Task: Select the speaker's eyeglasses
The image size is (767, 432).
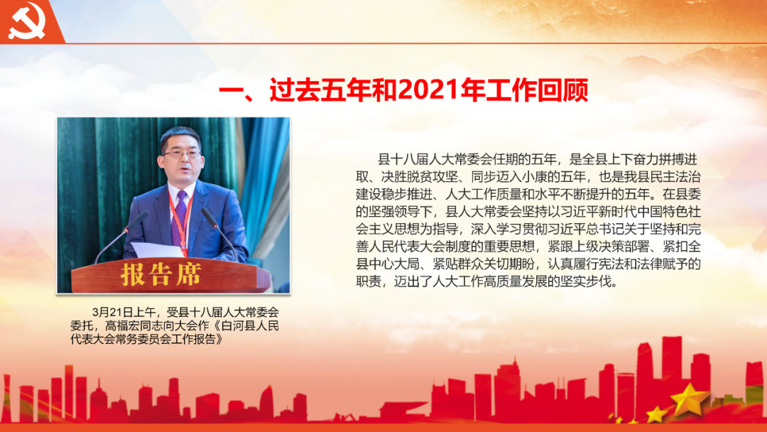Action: (182, 153)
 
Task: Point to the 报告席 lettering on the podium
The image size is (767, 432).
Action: (161, 274)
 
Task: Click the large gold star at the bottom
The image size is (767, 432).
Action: (689, 399)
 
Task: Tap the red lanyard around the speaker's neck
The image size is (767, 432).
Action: (182, 220)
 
